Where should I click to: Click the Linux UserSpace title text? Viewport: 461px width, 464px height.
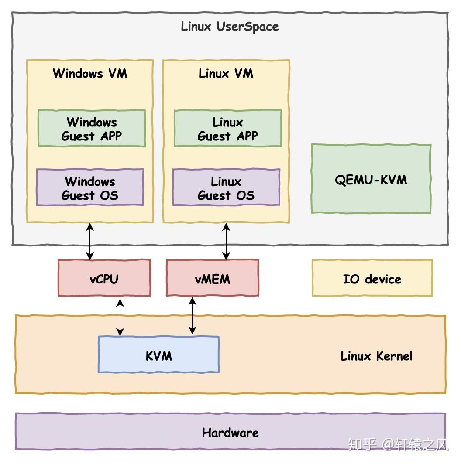[230, 27]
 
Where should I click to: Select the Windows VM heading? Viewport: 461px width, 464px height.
[90, 73]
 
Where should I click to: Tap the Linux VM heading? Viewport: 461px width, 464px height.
[226, 73]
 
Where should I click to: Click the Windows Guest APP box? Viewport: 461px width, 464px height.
[91, 129]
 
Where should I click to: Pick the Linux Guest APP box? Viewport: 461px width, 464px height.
[227, 129]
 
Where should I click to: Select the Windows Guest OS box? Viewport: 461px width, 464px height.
[90, 188]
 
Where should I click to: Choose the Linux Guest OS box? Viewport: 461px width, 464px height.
[226, 188]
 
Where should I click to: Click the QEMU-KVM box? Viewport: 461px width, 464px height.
[371, 179]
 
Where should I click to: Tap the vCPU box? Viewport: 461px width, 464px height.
[104, 278]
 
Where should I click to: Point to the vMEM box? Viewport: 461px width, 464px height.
[212, 278]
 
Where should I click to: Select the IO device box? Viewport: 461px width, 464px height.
[372, 278]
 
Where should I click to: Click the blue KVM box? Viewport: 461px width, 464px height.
[158, 355]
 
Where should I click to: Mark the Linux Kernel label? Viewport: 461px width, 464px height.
[376, 356]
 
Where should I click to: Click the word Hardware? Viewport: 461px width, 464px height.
[230, 433]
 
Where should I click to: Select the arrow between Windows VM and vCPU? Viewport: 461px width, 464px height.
[90, 241]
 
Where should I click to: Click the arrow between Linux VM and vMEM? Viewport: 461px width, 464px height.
[226, 241]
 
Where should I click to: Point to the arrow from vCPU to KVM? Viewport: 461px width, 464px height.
[120, 317]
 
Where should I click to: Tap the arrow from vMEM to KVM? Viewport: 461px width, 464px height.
[192, 316]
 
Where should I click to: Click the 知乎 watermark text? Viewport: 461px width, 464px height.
[362, 445]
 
